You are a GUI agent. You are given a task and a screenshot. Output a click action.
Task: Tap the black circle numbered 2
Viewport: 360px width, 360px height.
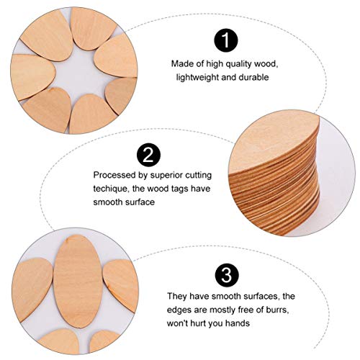pyautogui.click(x=148, y=153)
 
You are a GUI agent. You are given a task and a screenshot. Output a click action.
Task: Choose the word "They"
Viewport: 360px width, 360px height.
pyautogui.click(x=177, y=296)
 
